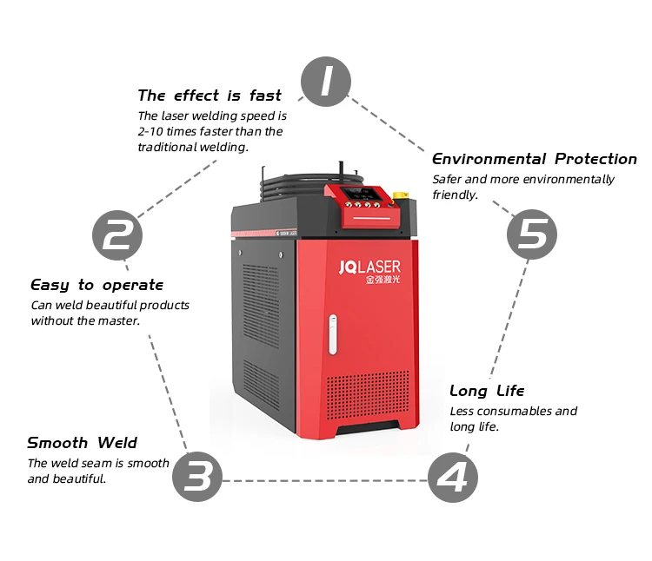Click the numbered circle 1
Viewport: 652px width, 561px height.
pos(326,82)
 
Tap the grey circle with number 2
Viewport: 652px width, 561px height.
pos(118,234)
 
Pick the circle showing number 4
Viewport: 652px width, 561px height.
pos(452,477)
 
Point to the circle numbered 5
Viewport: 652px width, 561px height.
pos(532,234)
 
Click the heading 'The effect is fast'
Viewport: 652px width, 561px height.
pos(210,96)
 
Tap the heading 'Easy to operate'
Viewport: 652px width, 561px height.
pos(96,285)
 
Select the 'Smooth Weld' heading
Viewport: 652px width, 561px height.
pos(82,443)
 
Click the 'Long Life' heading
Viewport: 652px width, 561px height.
pos(487,391)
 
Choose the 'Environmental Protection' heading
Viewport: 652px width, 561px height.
pos(535,159)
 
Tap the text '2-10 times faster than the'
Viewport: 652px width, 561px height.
pos(210,131)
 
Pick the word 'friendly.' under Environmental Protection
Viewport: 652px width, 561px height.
pos(456,195)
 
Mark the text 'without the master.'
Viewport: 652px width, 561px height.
pos(85,320)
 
